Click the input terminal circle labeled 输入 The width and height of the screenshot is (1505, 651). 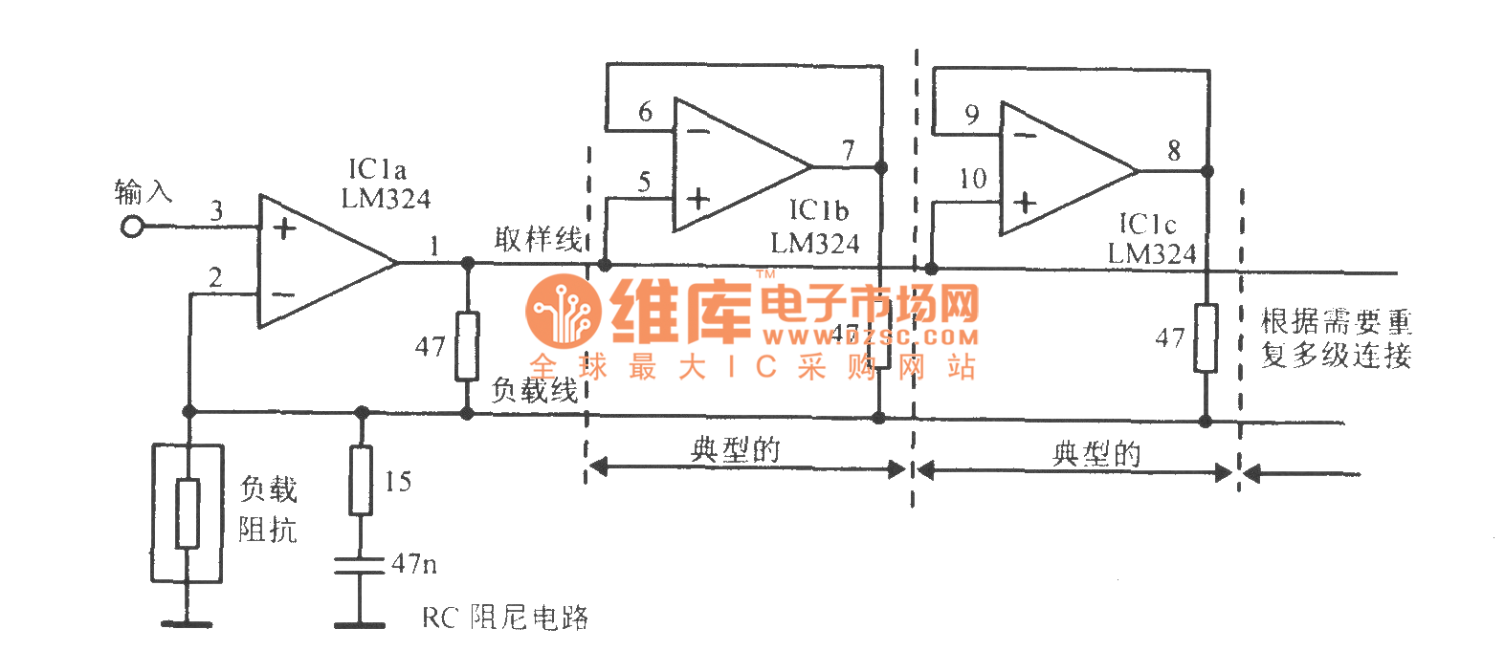(x=132, y=228)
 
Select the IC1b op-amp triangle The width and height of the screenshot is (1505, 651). (x=732, y=165)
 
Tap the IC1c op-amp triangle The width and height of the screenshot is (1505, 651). (x=1057, y=170)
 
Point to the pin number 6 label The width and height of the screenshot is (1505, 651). (x=646, y=113)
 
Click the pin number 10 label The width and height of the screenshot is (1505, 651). (x=972, y=179)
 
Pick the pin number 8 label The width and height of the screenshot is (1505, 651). (x=1174, y=150)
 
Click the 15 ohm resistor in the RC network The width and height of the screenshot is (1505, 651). (x=361, y=480)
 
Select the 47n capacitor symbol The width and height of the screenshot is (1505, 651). (x=360, y=565)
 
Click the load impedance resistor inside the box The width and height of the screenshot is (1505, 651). (x=188, y=513)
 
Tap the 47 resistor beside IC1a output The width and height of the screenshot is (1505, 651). (x=467, y=345)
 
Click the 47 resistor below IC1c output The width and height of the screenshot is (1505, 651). (x=1206, y=337)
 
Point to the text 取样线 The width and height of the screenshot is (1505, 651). (x=538, y=239)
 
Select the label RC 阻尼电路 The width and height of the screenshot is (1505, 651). (x=504, y=618)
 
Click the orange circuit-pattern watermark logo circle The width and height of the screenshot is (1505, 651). (x=564, y=311)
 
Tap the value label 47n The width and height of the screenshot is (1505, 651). (x=414, y=564)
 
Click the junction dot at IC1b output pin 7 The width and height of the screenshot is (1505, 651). (x=881, y=167)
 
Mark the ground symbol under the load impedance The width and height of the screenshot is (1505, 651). (x=188, y=623)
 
